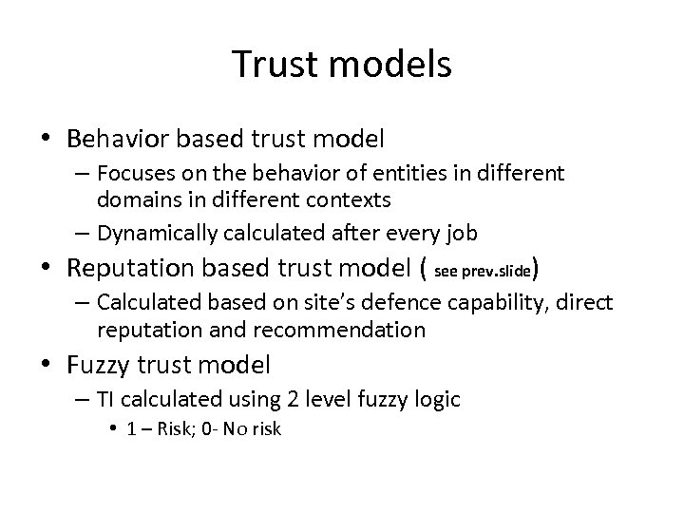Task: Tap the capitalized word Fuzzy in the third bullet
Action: (100, 364)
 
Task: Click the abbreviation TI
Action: (104, 399)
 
